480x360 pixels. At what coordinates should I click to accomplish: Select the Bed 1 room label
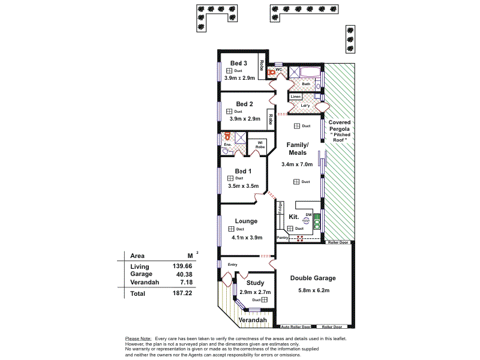tap(243, 171)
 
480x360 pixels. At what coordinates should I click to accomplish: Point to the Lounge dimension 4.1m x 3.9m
tap(246, 237)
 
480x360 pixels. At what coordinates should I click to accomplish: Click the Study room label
tap(256, 283)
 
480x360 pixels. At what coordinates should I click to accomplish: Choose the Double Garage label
tap(313, 278)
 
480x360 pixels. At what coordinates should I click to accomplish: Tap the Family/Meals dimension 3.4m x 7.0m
tap(297, 164)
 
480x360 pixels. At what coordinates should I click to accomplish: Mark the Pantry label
tap(282, 238)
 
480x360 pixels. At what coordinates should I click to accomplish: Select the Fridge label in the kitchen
tap(280, 207)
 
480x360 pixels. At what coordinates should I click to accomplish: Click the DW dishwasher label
tap(308, 214)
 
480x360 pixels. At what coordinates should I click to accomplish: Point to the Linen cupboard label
tap(295, 97)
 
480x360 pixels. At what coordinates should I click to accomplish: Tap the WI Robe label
tap(260, 145)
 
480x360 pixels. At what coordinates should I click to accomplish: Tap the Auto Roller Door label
tap(296, 328)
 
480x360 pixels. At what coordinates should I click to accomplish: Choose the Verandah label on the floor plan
tap(253, 320)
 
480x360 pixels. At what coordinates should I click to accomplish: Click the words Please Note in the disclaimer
tap(138, 339)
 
